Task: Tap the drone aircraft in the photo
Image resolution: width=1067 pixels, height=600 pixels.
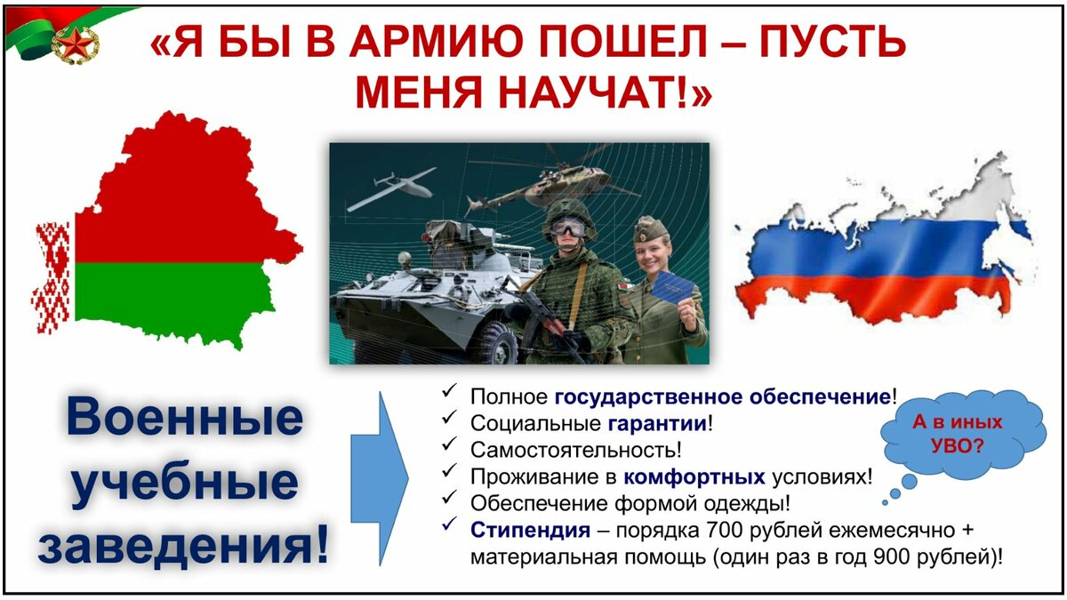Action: click(391, 188)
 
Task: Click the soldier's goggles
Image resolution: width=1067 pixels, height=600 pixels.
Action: click(568, 228)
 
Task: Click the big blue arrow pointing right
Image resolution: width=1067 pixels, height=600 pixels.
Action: click(380, 478)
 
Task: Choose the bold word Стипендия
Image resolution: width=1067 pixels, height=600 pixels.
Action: click(531, 530)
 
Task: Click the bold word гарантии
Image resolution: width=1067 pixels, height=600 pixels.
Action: click(658, 423)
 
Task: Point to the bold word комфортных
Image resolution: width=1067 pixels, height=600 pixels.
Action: click(694, 476)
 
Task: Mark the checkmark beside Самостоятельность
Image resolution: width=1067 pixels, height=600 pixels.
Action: click(449, 444)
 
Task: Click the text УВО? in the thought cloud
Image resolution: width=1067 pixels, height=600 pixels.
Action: click(958, 446)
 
